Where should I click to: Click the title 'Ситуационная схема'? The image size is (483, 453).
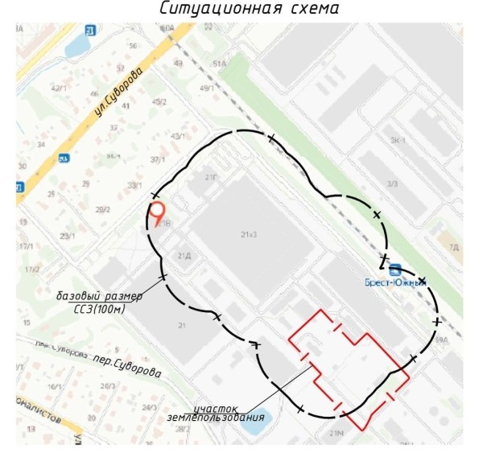242,10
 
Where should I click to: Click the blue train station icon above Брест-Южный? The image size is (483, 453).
394,268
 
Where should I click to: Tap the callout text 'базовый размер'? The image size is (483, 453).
99,295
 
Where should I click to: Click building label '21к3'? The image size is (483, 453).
248,234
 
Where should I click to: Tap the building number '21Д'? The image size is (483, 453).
184,255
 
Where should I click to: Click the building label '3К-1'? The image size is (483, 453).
397,138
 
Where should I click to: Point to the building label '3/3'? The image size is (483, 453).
392,184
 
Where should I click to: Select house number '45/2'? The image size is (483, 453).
159,101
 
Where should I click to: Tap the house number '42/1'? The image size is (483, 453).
57,88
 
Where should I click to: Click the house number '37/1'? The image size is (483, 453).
158,159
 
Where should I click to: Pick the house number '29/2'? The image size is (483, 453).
103,209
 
